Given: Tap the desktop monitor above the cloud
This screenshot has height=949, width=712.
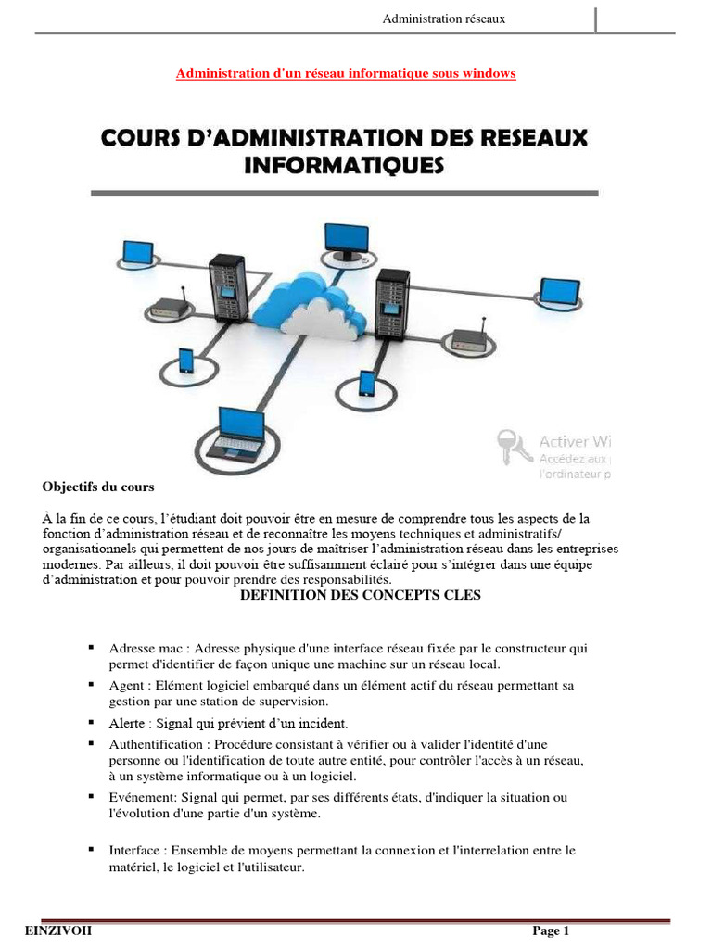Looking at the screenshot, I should [347, 235].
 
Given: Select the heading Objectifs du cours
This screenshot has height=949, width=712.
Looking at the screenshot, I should [99, 486].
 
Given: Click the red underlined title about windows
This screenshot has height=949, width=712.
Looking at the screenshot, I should [346, 73].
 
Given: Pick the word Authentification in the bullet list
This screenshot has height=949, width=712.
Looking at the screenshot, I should [154, 744].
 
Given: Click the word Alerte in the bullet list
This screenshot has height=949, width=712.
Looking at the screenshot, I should [128, 722].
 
